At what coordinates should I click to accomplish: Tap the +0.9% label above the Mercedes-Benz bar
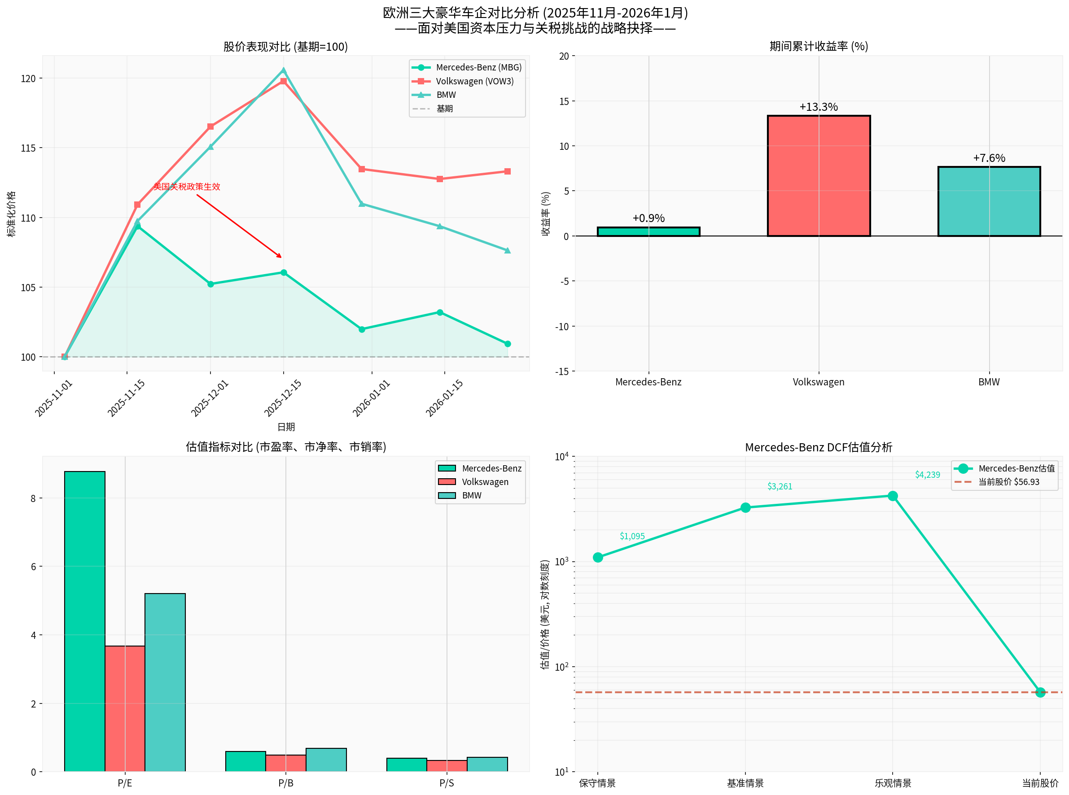[x=648, y=218]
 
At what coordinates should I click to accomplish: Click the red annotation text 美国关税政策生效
[x=187, y=187]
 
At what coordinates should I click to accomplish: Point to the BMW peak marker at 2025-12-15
[x=284, y=70]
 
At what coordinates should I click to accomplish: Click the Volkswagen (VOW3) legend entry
[x=474, y=81]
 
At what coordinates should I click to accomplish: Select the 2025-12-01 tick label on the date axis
[x=210, y=398]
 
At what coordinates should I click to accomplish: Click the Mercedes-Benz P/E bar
[x=85, y=621]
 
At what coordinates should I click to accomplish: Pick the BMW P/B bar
[x=326, y=760]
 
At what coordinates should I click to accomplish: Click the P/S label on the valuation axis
[x=446, y=783]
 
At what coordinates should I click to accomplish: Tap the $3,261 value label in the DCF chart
[x=779, y=486]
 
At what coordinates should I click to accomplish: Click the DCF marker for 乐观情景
[x=892, y=496]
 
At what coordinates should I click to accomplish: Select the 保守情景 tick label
[x=597, y=783]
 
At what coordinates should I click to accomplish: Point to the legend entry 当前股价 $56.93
[x=1008, y=482]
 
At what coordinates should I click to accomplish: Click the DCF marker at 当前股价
[x=1040, y=692]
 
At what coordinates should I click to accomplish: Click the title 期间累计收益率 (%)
[x=818, y=46]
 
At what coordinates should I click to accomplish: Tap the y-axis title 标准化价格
[x=12, y=214]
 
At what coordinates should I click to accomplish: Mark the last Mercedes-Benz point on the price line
[x=507, y=344]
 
